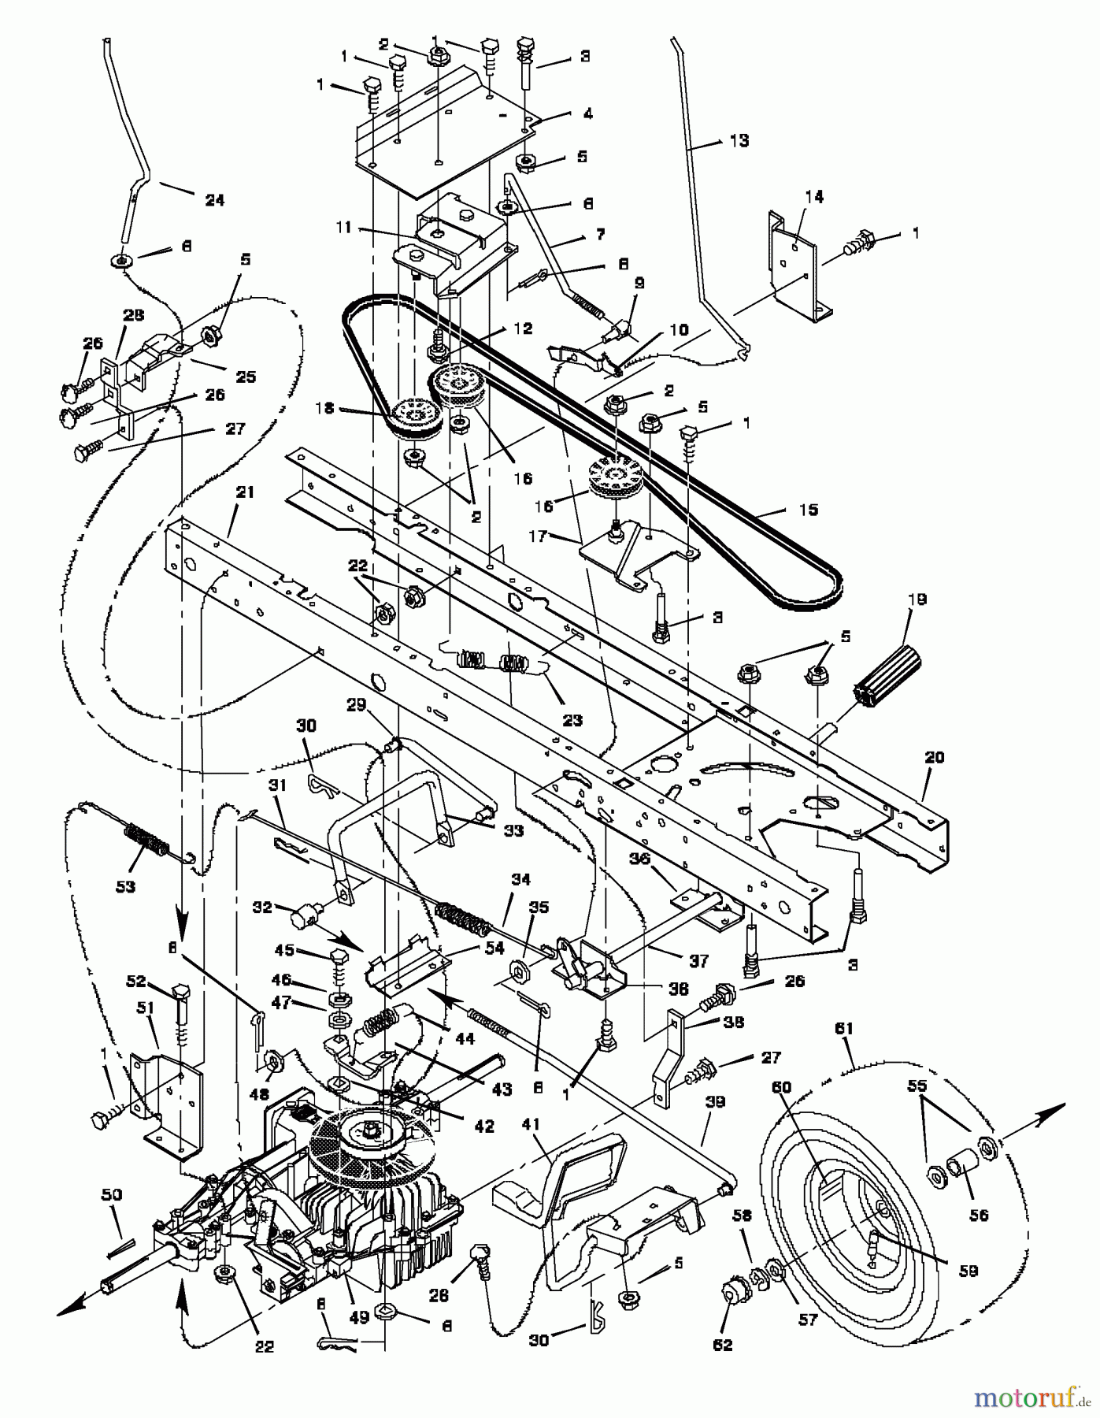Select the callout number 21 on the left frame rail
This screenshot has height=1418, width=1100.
[246, 492]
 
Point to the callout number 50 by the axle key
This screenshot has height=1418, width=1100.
[111, 1195]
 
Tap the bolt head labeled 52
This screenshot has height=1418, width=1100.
[182, 992]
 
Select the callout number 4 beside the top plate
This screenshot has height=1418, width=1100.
[587, 113]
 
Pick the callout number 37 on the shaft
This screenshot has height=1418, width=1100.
[698, 960]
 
